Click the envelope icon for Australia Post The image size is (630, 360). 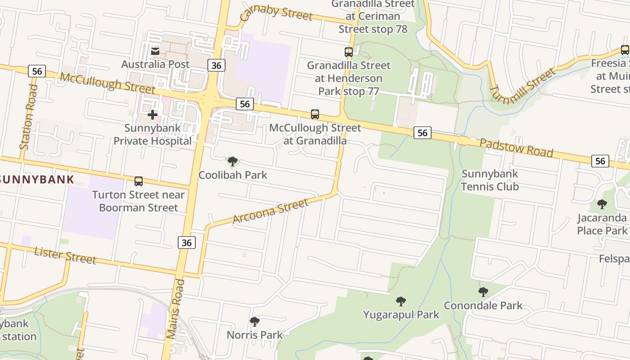coord(155,51)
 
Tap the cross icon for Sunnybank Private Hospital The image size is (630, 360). coord(153,115)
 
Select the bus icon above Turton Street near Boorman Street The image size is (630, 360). coord(139,181)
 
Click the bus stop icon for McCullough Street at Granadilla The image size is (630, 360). coord(315,114)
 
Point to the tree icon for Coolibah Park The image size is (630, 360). coord(232,162)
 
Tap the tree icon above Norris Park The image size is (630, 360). coord(255,322)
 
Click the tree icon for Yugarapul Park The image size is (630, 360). coord(400,301)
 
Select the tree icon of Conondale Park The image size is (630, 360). coord(483,292)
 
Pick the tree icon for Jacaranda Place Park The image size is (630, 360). coord(602,204)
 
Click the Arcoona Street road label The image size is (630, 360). coord(270,211)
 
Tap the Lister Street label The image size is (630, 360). coord(65,255)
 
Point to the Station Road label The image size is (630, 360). coord(28,117)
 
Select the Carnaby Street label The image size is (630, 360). coord(276,13)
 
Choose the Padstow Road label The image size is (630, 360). coord(516,148)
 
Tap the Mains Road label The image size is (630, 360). coord(175,309)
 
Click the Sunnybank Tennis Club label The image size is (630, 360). coord(490,180)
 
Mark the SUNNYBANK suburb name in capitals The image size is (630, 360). coord(37,180)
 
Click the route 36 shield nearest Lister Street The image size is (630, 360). coord(187,243)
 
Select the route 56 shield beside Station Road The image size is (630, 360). coord(37,71)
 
